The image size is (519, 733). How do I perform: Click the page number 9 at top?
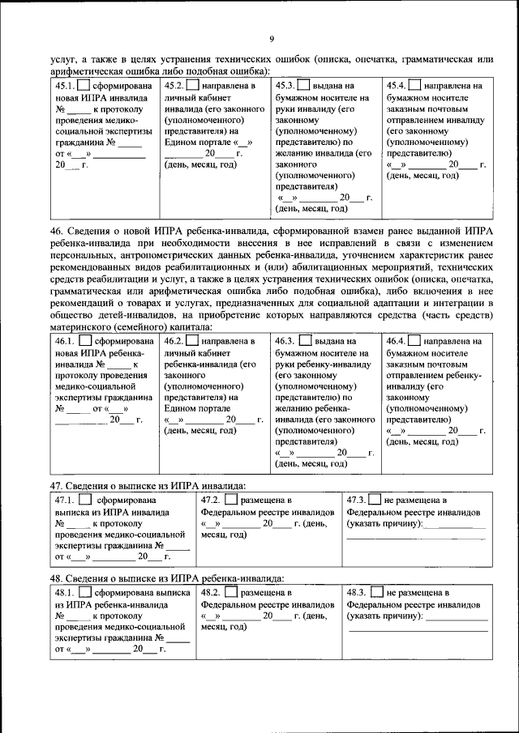click(x=272, y=38)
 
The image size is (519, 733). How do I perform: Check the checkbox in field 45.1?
click(x=84, y=85)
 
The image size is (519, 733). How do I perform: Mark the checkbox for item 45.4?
click(x=414, y=85)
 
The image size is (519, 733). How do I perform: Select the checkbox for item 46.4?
click(x=414, y=342)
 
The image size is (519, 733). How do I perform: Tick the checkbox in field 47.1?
click(x=85, y=501)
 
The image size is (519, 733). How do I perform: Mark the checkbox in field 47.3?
click(x=376, y=501)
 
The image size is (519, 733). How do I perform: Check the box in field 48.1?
click(x=85, y=593)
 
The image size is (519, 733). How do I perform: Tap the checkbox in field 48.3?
click(x=376, y=593)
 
